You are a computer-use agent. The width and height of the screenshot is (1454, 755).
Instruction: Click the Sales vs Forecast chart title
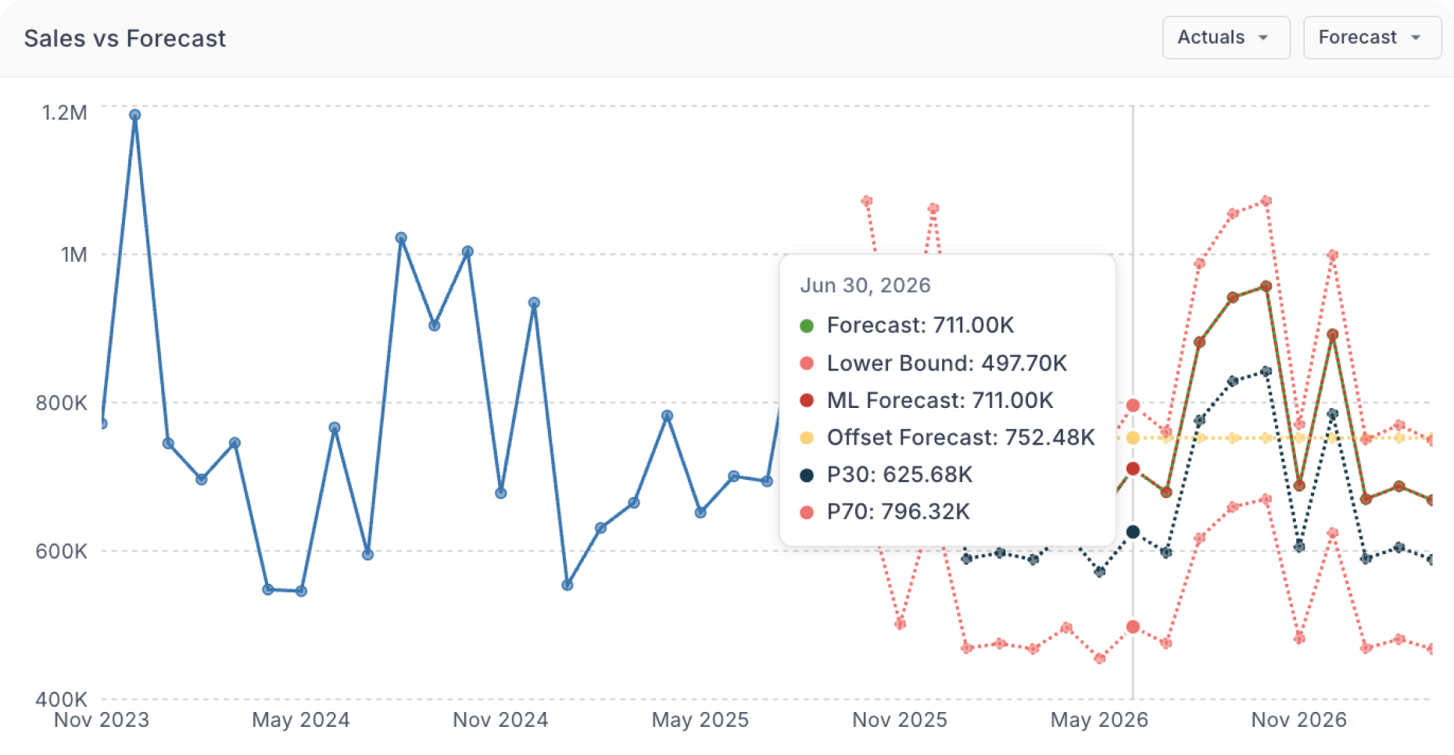(x=125, y=38)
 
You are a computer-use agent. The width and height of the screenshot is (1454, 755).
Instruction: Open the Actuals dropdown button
(x=1225, y=38)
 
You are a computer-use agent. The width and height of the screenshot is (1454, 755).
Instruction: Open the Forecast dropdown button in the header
(x=1371, y=38)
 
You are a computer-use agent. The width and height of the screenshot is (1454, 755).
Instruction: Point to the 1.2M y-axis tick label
(x=64, y=113)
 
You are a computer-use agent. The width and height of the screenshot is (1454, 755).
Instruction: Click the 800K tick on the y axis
(x=61, y=403)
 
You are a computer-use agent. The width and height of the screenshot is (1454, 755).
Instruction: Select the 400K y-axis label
(x=61, y=699)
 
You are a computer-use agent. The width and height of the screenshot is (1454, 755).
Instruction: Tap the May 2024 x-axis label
(x=301, y=720)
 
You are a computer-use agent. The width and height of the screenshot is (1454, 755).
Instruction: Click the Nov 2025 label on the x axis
(x=900, y=720)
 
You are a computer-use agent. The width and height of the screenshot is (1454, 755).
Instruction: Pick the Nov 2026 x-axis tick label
(x=1299, y=720)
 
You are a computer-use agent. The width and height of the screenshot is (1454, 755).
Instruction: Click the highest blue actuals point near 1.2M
(x=134, y=115)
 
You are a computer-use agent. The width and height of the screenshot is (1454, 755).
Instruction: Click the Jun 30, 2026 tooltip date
(x=865, y=285)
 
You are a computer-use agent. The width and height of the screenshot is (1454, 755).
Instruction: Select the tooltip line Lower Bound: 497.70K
(x=947, y=363)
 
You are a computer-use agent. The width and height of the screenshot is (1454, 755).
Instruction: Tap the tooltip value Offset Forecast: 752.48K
(x=961, y=438)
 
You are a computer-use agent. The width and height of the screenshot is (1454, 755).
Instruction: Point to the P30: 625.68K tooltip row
(x=900, y=474)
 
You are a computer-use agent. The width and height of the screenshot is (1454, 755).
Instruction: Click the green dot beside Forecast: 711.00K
(x=807, y=326)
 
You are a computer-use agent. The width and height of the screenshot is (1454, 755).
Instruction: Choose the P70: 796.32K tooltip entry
(x=898, y=512)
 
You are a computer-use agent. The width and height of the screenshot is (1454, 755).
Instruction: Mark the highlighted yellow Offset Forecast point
(x=1133, y=438)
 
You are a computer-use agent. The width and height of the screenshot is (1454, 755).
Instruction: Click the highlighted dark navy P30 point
(x=1133, y=532)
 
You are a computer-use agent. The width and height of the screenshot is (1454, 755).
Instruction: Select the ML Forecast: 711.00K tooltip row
(x=940, y=400)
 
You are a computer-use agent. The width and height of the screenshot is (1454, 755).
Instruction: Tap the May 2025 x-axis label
(x=700, y=720)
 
